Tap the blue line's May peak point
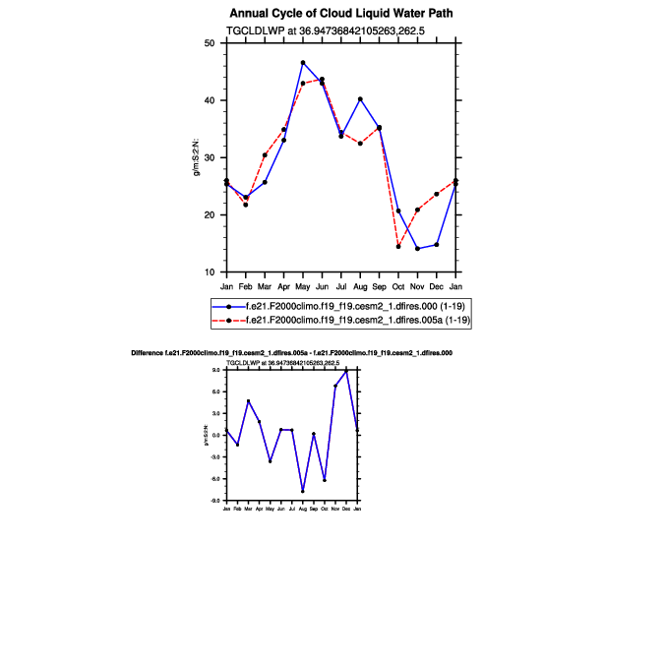pos(303,63)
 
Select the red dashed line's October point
pos(398,246)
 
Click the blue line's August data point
pos(360,99)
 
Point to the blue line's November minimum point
pos(417,249)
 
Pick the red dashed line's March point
pos(265,155)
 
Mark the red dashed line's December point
pos(437,194)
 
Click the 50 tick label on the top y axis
pos(209,43)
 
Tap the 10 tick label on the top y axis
pos(209,272)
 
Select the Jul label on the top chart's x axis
pos(341,286)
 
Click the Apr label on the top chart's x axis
pos(284,286)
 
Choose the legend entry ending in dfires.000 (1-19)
pos(334,307)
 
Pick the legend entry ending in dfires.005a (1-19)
pos(334,321)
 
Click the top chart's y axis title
pos(197,157)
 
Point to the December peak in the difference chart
pos(346,371)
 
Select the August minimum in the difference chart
pos(303,491)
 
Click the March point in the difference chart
pos(248,401)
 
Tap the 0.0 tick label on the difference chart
pos(215,435)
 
